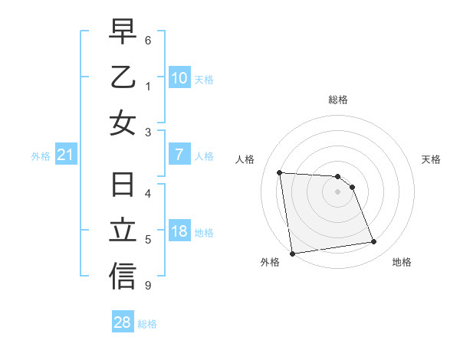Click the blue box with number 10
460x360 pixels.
click(179, 77)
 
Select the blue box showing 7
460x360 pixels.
click(179, 155)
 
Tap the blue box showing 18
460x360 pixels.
click(179, 231)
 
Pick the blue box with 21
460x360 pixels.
click(66, 155)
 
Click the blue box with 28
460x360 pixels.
click(123, 322)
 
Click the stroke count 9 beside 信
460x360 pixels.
click(147, 286)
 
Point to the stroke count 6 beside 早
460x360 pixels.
click(147, 40)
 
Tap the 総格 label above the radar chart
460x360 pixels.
click(337, 100)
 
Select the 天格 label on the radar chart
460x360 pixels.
click(431, 159)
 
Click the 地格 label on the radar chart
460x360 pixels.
click(402, 262)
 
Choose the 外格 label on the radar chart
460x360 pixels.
click(269, 262)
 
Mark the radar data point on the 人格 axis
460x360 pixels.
click(279, 172)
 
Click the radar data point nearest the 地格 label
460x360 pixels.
click(373, 242)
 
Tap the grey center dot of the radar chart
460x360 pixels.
click(337, 191)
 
